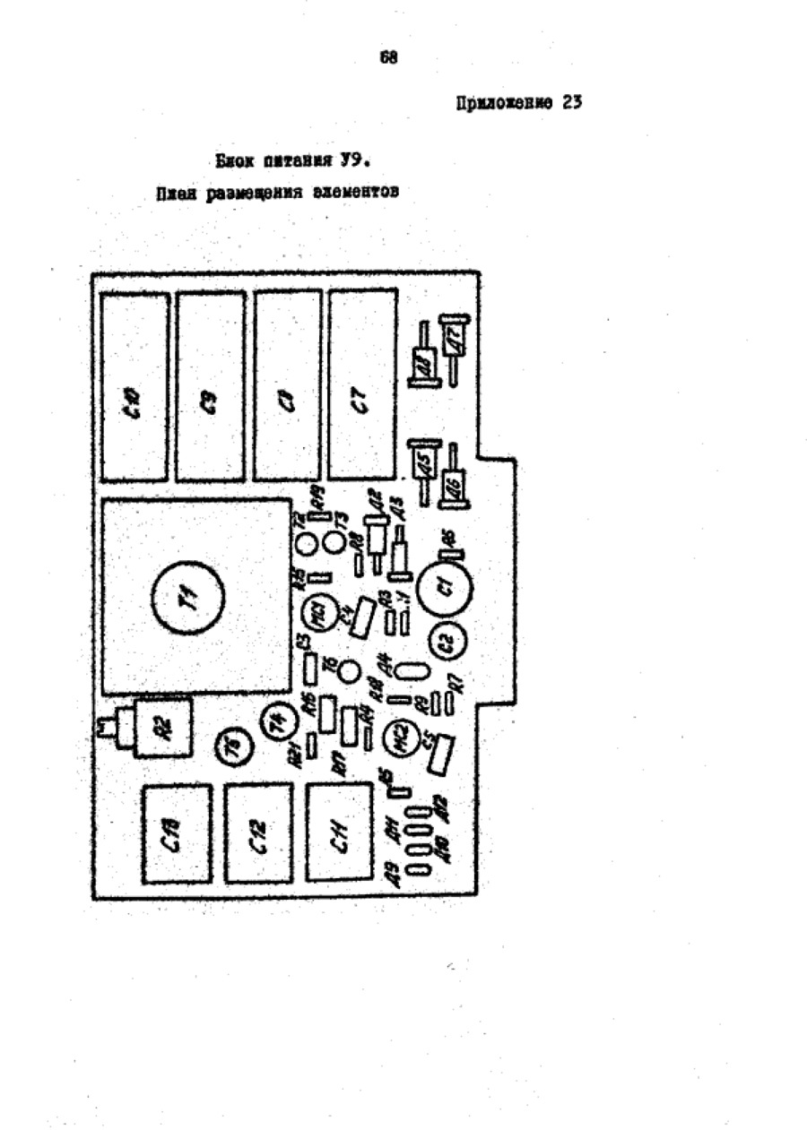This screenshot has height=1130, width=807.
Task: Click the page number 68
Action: click(388, 58)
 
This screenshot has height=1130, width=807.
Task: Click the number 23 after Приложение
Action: click(572, 102)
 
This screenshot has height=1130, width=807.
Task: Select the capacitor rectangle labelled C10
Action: click(134, 387)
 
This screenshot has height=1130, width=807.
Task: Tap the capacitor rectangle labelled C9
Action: click(210, 387)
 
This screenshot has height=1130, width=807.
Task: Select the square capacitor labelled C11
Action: click(338, 832)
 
